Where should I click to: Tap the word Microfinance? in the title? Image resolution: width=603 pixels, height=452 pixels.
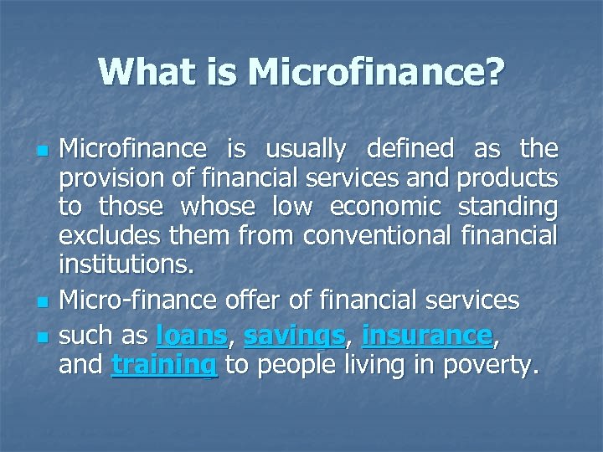click(376, 72)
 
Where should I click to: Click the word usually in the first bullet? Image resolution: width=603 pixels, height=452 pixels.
click(305, 149)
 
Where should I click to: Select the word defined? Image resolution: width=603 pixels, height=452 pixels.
click(410, 149)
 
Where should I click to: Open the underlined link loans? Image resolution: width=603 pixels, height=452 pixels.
click(192, 336)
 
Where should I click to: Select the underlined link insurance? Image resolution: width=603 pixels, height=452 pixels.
click(427, 336)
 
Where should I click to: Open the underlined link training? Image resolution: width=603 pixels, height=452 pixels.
click(164, 367)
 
